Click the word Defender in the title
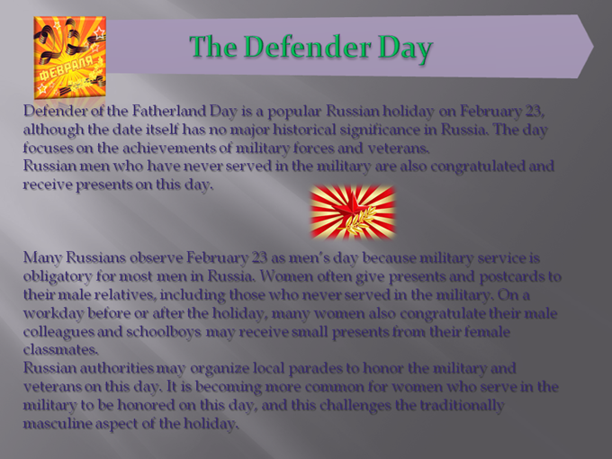307,47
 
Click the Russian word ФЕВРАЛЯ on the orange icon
65,67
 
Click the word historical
303,130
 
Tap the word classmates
60,350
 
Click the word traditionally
462,406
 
